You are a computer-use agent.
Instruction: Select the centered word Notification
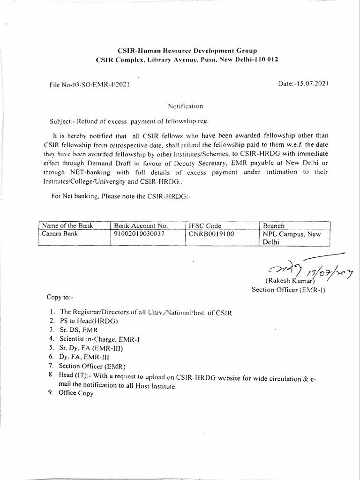186,106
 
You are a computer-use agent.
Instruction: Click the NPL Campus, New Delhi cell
292,238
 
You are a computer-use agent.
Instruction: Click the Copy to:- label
60,297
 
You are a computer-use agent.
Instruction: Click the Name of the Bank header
67,225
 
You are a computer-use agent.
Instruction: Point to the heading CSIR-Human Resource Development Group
187,50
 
